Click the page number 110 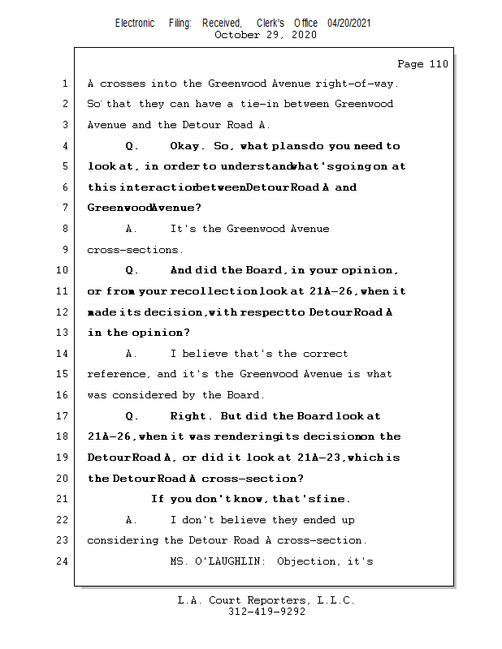click(435, 64)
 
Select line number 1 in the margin click(64, 84)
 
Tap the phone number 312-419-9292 click(267, 612)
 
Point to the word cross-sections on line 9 click(135, 250)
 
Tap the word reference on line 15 click(119, 374)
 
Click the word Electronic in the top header click(135, 24)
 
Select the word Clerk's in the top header click(274, 24)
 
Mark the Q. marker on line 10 click(132, 270)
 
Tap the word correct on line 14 click(325, 354)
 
